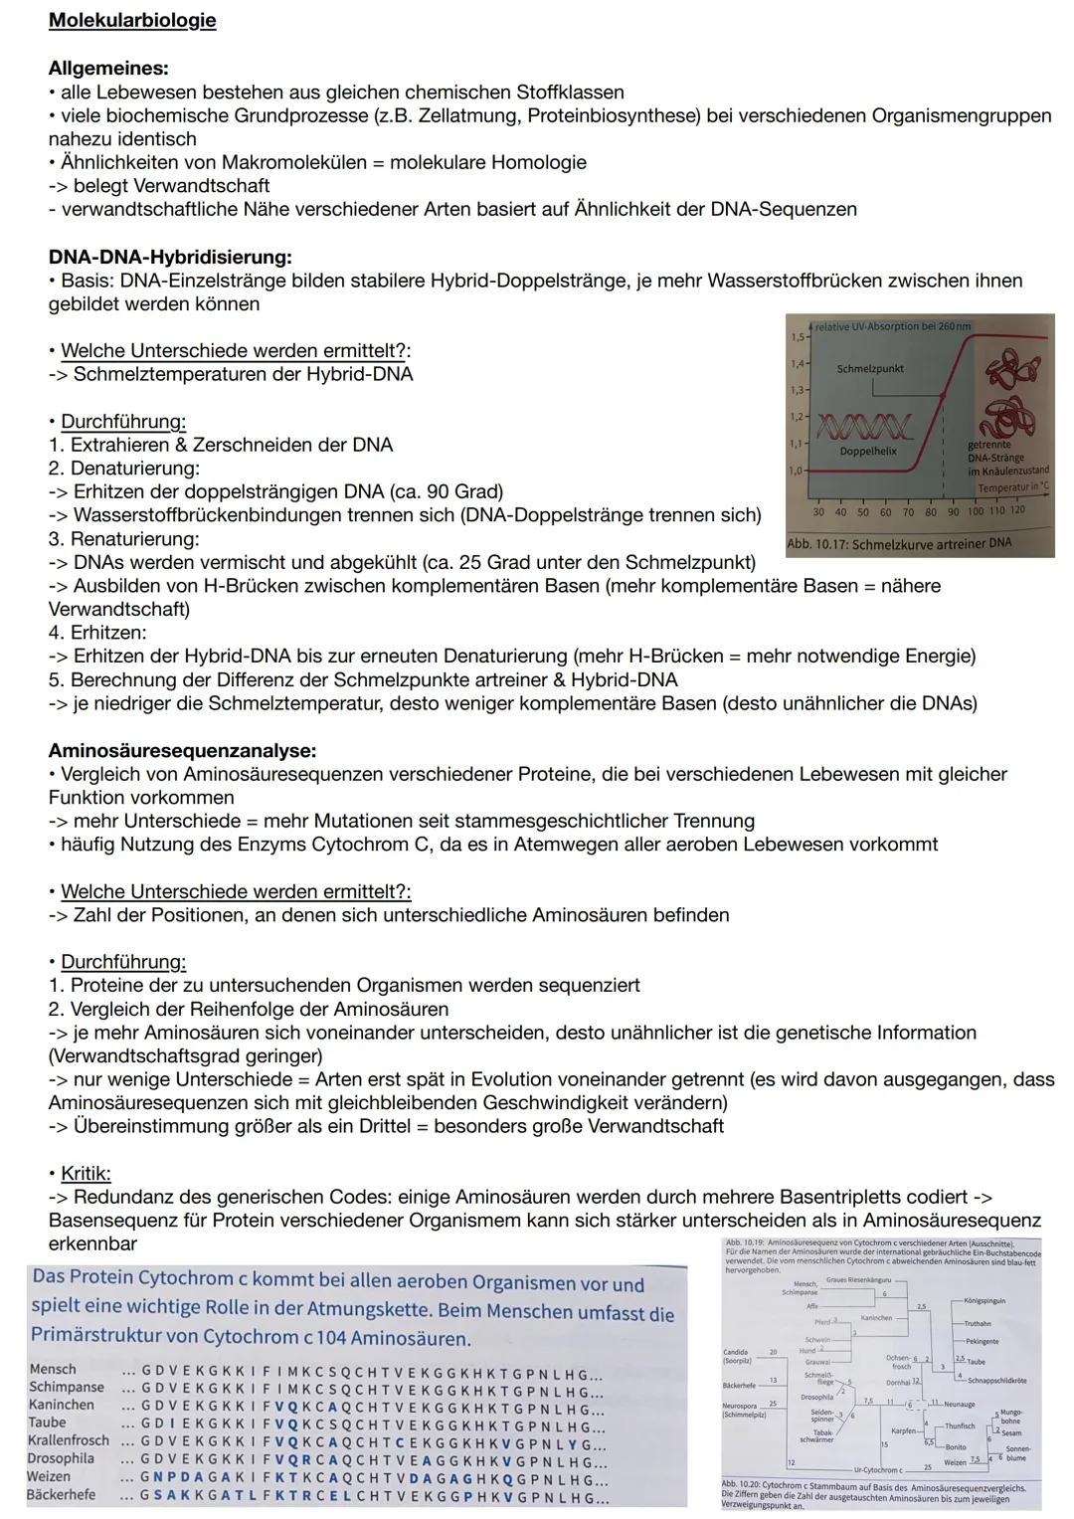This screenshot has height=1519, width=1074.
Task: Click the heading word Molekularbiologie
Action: (x=132, y=21)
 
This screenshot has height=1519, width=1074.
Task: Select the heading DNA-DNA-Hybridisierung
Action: (x=170, y=258)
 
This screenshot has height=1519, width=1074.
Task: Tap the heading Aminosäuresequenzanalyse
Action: (x=182, y=750)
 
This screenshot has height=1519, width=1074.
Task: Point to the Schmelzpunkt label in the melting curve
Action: (x=870, y=368)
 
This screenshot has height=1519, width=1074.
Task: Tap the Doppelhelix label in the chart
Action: (x=868, y=451)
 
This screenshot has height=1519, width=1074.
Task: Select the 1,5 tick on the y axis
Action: (x=796, y=337)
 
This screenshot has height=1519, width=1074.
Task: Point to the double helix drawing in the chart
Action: (x=863, y=428)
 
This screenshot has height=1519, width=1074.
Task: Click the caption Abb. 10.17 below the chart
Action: (x=899, y=544)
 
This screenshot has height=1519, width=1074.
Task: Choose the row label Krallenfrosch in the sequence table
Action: (x=69, y=1440)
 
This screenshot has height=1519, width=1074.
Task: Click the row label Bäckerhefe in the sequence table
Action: (x=62, y=1495)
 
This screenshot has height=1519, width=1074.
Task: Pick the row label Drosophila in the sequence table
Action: (x=61, y=1458)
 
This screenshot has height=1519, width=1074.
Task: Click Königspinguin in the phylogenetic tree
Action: (x=984, y=1300)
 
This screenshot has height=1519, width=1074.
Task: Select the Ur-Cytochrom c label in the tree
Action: (x=878, y=1469)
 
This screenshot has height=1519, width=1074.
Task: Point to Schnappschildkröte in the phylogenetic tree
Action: (x=997, y=1380)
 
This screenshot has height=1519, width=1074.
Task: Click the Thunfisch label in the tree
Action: (x=960, y=1426)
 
